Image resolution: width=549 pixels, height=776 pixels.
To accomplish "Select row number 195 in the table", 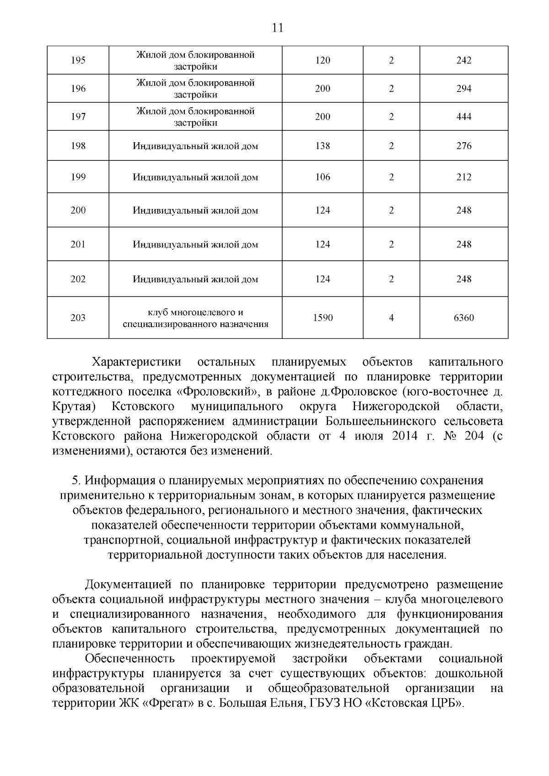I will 78,60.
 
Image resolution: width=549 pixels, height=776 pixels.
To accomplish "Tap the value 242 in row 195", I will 463,60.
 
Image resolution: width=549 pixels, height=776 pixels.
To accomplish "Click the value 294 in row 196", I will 463,89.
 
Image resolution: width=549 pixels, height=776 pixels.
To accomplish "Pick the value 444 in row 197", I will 463,117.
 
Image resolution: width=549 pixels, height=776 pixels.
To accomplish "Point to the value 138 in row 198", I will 323,146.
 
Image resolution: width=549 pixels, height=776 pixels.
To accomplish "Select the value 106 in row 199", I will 323,177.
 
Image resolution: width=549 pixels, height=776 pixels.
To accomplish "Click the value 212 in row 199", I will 463,177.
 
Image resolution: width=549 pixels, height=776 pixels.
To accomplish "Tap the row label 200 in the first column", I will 78,210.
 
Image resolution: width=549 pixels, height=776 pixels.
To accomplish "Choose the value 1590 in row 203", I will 323,318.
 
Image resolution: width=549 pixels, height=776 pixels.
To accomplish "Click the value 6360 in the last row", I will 463,318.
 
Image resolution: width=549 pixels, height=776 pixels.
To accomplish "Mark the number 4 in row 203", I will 391,318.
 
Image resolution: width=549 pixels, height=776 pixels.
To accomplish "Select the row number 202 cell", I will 78,279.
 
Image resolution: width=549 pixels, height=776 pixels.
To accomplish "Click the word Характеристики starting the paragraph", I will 136,363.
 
